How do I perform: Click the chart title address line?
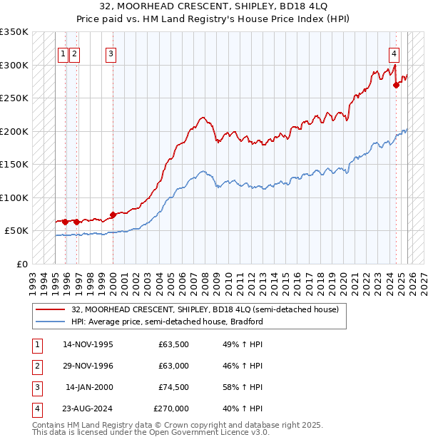(213, 6)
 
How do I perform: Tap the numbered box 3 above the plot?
(111, 52)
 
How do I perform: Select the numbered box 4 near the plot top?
(394, 52)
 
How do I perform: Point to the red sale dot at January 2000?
(113, 215)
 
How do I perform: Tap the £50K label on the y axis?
(17, 231)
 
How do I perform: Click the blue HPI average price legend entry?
(167, 322)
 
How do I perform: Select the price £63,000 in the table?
(173, 366)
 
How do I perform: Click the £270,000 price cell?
(171, 408)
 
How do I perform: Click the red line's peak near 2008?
(203, 117)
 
